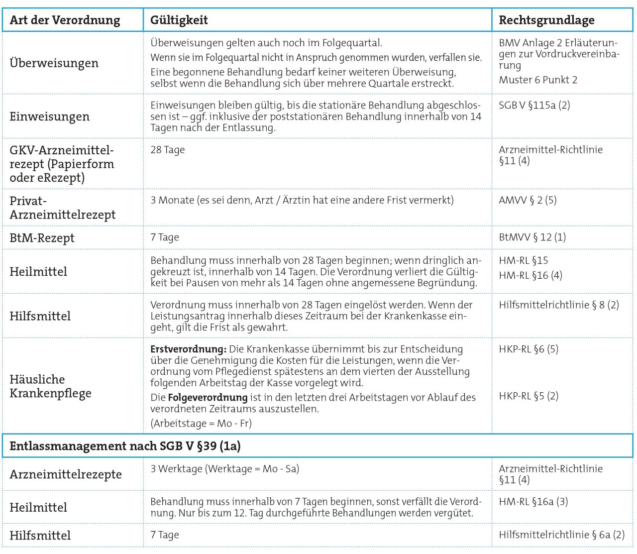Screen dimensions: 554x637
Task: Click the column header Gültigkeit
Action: [x=179, y=20]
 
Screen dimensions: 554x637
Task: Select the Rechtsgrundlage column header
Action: [x=546, y=20]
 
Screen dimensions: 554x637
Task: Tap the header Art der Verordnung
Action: [x=65, y=20]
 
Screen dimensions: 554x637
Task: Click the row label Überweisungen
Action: [x=54, y=63]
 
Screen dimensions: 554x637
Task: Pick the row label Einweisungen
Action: [x=49, y=116]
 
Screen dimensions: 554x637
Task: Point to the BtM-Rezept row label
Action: [x=42, y=238]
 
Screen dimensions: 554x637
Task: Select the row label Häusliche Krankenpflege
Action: [x=50, y=386]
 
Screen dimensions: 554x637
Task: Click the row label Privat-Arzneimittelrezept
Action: [x=62, y=208]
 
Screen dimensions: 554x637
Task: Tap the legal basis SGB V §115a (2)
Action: [x=534, y=105]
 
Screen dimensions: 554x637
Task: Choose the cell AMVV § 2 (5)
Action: [x=528, y=200]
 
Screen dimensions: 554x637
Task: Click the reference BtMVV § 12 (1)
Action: [x=532, y=237]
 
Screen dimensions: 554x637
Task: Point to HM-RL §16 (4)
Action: [x=531, y=275]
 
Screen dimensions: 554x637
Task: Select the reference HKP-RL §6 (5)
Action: [x=529, y=349]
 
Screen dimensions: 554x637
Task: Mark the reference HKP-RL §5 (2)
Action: [x=529, y=396]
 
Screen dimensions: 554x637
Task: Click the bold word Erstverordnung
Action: [x=188, y=349]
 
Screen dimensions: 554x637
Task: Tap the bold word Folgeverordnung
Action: [x=208, y=397]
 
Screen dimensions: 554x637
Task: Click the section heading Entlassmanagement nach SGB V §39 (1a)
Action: [x=125, y=446]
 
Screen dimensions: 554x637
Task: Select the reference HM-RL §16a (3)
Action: [x=533, y=501]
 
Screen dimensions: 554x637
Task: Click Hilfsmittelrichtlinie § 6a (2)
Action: [x=561, y=535]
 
